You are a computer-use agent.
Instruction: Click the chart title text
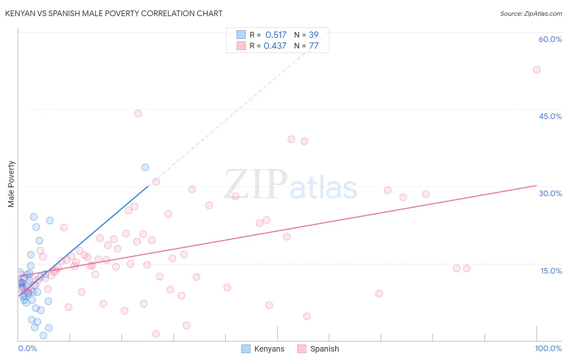coord(114,13)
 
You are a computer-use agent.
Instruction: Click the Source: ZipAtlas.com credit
coord(531,13)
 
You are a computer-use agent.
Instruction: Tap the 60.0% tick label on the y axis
coord(550,39)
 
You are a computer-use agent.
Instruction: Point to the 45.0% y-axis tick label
coord(550,116)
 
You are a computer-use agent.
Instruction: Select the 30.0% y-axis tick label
coord(550,193)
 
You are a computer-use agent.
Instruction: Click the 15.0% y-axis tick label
coord(551,271)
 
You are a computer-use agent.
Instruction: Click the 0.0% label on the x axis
coord(27,348)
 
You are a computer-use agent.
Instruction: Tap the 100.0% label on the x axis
coord(548,348)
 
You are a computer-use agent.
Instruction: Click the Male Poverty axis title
coord(11,184)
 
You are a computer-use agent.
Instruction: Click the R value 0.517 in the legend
coord(276,35)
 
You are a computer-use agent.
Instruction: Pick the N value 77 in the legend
coord(314,46)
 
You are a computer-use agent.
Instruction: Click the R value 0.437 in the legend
coord(275,46)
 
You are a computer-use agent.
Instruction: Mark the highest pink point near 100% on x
coord(536,69)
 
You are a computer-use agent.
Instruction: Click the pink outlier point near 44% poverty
coord(138,113)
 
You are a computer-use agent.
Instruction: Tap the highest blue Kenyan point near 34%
coord(145,167)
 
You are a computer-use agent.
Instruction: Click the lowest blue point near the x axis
coord(43,335)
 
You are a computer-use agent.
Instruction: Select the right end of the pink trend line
coord(536,186)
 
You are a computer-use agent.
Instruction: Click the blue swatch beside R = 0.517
coord(241,35)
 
